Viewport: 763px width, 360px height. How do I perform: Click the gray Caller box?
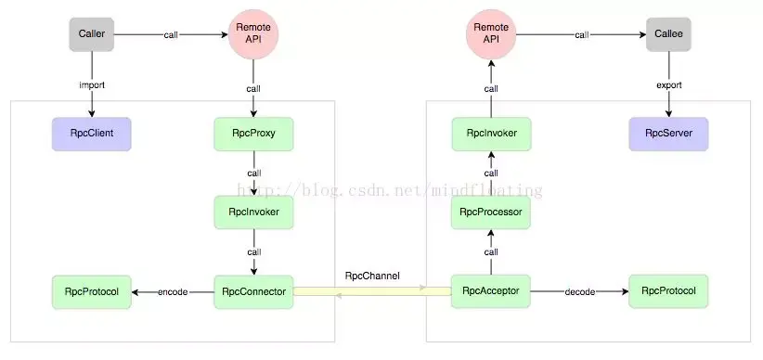[x=91, y=35]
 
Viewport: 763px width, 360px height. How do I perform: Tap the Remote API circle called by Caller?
[x=253, y=35]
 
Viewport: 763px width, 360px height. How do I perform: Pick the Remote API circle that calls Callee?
[x=491, y=35]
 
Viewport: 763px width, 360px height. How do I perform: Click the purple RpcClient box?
[x=91, y=134]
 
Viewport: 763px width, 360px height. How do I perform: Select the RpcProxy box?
[x=253, y=134]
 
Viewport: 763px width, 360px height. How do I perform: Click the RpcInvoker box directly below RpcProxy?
[x=253, y=212]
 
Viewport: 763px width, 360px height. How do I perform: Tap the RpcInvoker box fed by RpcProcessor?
[x=491, y=134]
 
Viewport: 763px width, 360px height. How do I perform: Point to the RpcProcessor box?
[x=491, y=212]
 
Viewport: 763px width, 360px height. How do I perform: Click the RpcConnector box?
[x=253, y=291]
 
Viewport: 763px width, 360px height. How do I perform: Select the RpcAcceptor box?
[x=491, y=291]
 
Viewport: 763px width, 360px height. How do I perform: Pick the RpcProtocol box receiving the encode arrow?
[x=91, y=291]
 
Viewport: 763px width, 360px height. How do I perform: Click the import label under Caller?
[x=91, y=85]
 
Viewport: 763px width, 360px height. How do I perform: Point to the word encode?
[x=173, y=292]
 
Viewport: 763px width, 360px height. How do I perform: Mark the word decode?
[x=580, y=292]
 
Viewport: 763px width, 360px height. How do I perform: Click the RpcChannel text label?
[x=372, y=276]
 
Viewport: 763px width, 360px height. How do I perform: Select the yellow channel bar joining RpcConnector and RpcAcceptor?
[x=372, y=291]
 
